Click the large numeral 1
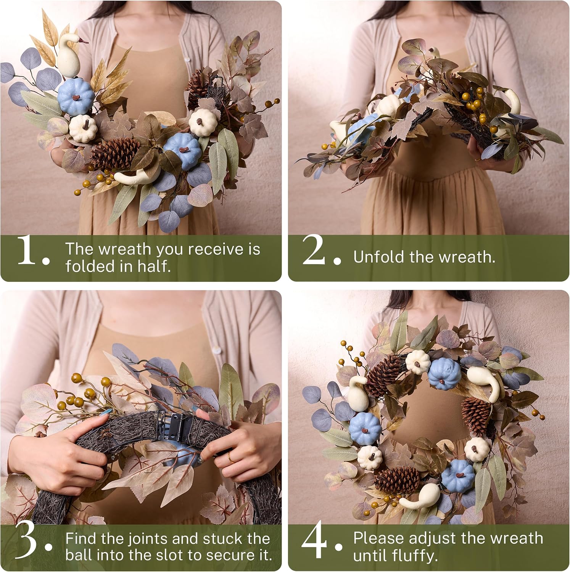[27, 250]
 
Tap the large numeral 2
[314, 250]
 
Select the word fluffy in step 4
[416, 556]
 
